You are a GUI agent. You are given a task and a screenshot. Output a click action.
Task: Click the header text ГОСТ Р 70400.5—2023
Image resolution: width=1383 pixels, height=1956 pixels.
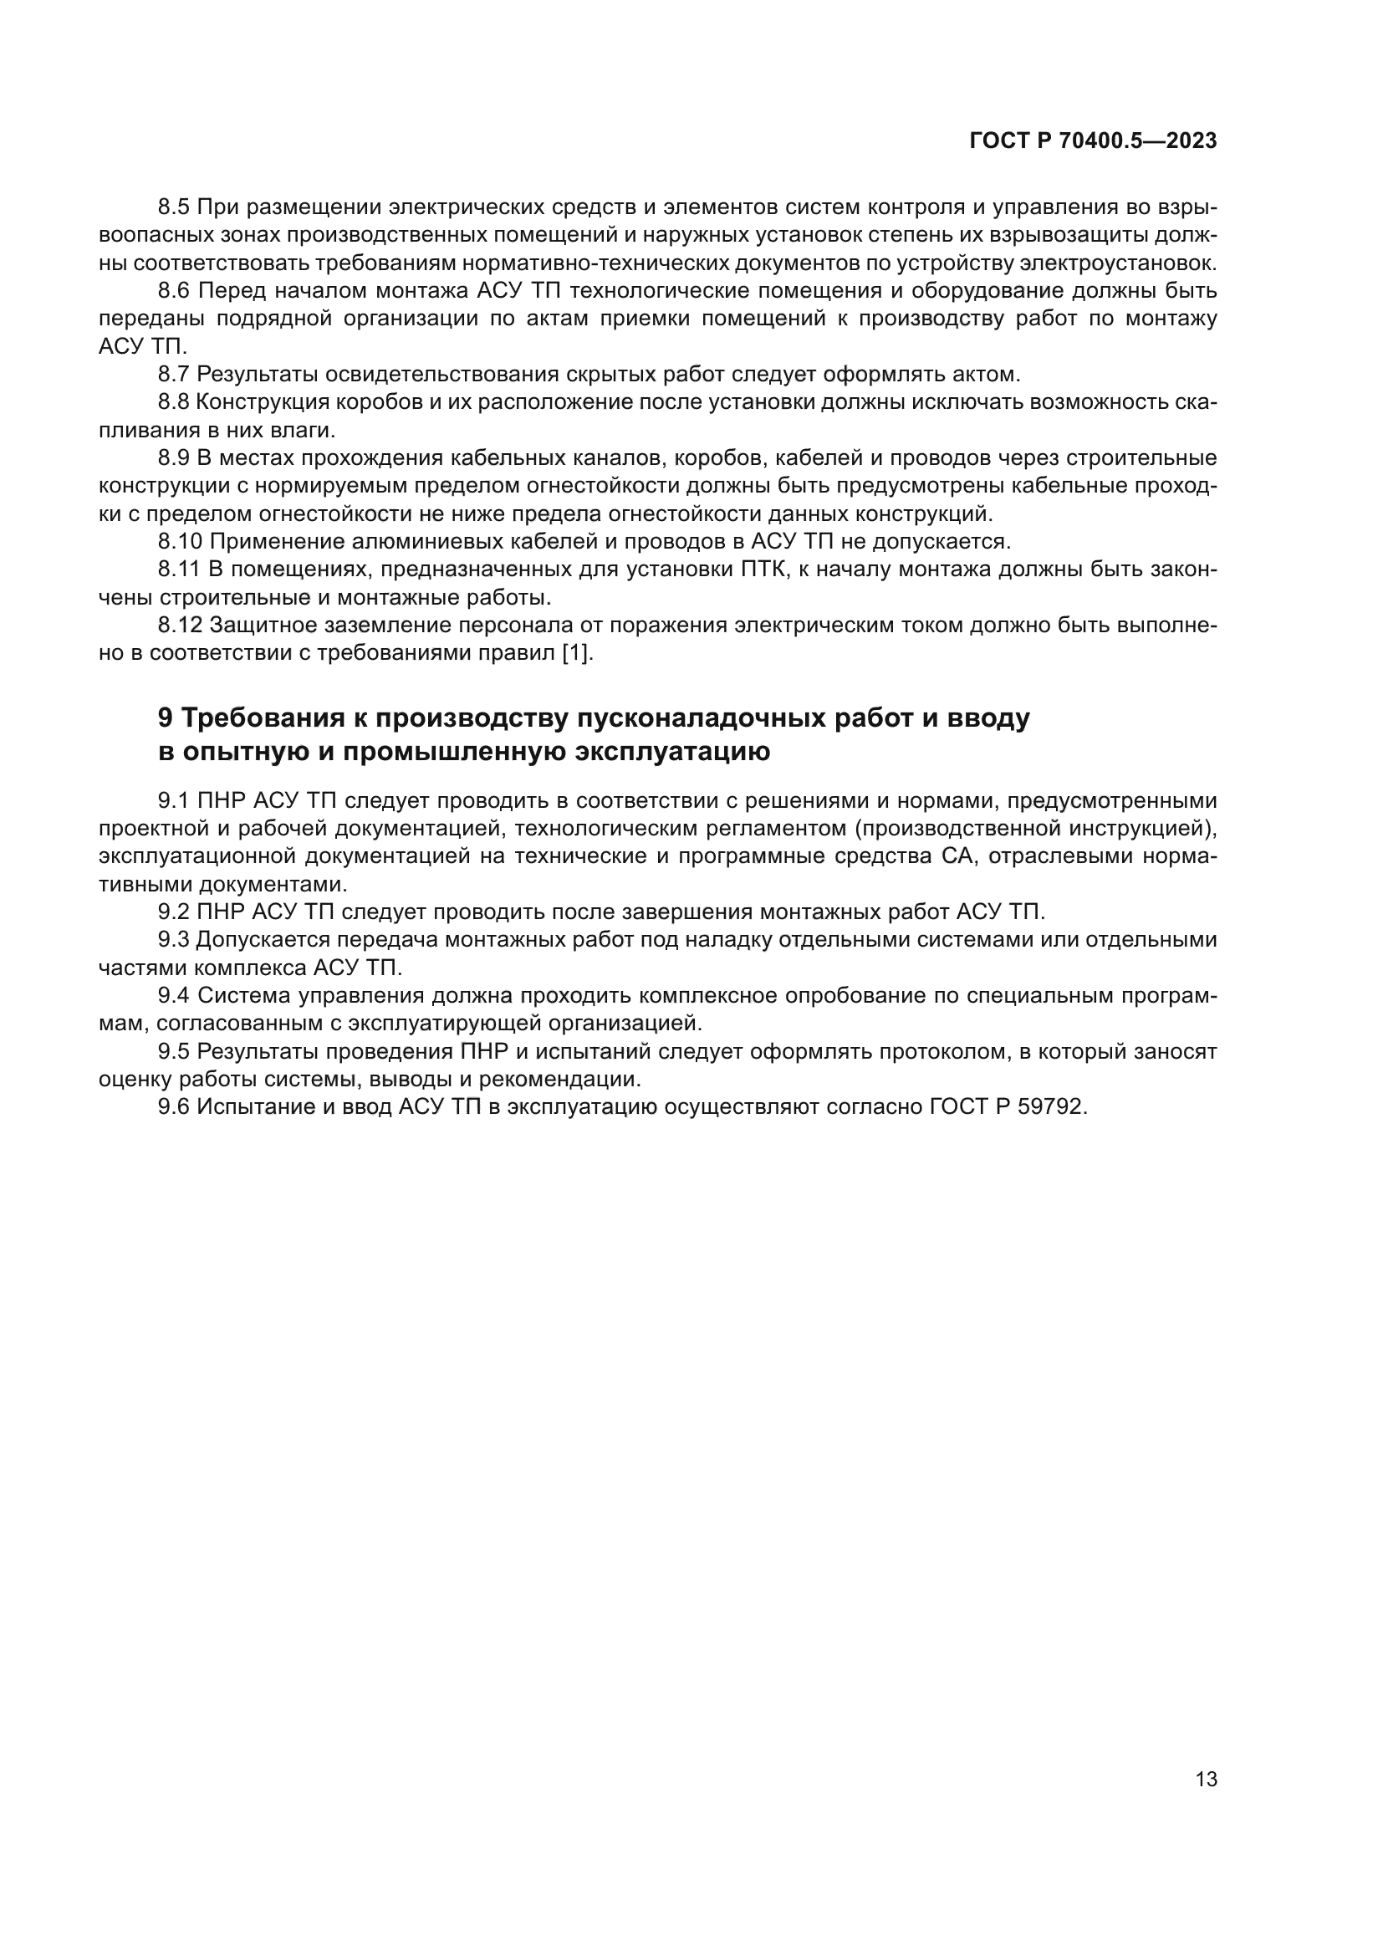1093,141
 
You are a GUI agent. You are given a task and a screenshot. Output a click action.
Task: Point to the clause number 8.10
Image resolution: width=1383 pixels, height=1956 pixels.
180,541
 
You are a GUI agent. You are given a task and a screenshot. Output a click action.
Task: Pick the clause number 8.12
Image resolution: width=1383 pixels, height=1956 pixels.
180,626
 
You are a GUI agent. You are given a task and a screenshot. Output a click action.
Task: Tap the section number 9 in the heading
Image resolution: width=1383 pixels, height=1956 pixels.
166,718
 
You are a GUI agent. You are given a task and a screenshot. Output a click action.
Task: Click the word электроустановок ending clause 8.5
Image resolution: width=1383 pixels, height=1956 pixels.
1117,263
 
